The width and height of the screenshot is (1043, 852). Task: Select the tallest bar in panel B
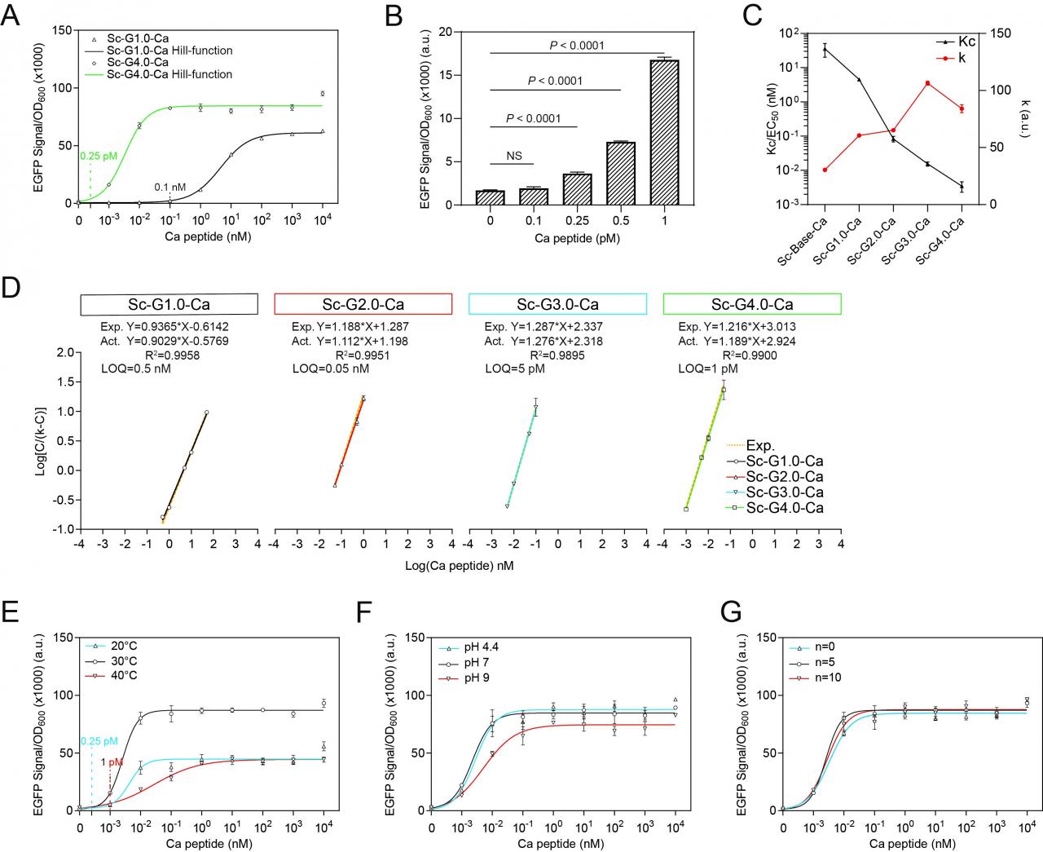[665, 131]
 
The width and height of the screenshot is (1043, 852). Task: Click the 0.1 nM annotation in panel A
[170, 188]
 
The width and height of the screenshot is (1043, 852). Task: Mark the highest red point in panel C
[927, 83]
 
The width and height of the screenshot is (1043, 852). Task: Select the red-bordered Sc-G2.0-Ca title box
[363, 304]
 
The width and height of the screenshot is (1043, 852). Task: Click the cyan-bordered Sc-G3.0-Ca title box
[557, 304]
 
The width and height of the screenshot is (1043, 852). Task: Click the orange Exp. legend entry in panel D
[760, 446]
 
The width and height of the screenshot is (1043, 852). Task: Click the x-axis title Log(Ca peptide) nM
[460, 564]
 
